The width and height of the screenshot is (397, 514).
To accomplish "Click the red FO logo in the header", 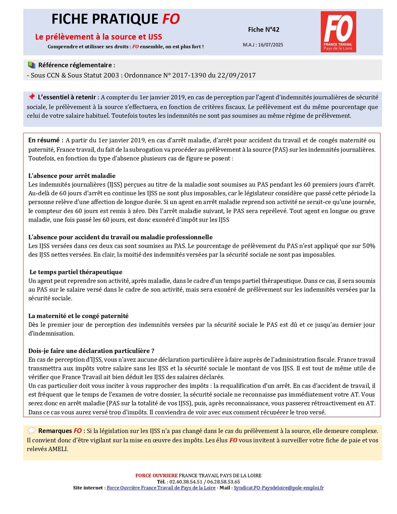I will point(338,31).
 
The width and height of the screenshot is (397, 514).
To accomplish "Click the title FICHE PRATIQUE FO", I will point(116,19).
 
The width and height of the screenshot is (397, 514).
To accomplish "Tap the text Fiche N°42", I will point(263,30).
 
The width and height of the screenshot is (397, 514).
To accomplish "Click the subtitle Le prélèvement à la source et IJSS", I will point(99,37).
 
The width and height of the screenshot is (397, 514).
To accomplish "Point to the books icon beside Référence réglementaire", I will point(31,65).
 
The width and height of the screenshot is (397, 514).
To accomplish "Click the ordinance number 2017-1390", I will point(189,75).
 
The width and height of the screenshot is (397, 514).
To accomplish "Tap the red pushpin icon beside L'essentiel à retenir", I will point(31,97).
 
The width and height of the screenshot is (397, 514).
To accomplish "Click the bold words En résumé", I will point(44,140).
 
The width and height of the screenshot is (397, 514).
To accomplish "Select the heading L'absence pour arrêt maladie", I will point(72,176).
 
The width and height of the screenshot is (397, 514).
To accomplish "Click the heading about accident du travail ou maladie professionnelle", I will point(120,237).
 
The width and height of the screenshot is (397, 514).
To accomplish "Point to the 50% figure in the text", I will point(369,246).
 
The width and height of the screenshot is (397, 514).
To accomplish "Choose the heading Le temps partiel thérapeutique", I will point(76,272).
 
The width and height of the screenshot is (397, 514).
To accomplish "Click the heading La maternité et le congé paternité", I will point(78,316).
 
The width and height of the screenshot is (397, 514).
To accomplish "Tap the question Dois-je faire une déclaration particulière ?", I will point(91,351).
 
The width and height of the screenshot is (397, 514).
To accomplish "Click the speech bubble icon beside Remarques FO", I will point(31,430).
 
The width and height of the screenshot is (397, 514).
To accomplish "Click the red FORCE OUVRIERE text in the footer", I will point(156,475).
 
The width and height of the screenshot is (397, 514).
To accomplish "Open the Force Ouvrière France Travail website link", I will point(161,488).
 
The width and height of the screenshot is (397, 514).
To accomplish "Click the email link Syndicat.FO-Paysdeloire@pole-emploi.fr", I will point(279,488).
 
